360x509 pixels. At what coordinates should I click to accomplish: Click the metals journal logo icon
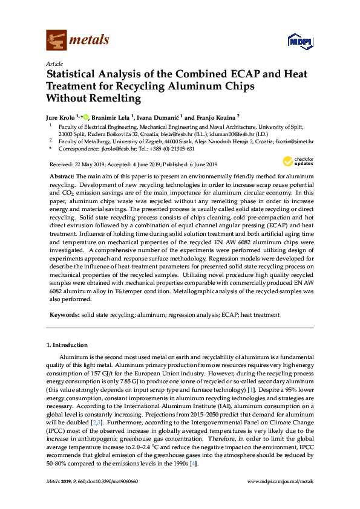(56, 41)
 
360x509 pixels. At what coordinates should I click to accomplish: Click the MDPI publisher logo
(295, 42)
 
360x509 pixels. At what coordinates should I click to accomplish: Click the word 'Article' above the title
(54, 63)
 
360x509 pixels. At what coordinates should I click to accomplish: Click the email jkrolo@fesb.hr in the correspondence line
(117, 148)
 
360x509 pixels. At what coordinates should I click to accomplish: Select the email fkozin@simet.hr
(293, 140)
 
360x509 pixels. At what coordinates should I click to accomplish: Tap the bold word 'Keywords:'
(64, 315)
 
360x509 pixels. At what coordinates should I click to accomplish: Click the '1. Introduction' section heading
(67, 345)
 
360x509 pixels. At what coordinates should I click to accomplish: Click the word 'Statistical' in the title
(75, 74)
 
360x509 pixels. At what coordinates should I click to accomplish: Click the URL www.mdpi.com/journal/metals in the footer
(281, 498)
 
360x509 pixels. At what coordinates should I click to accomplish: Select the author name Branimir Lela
(113, 117)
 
